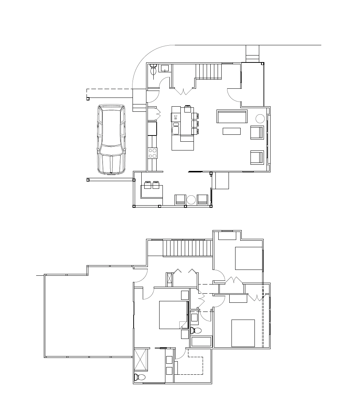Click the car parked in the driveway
pyautogui.click(x=111, y=139)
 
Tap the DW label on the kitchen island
pyautogui.click(x=176, y=117)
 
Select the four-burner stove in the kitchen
pyautogui.click(x=153, y=153)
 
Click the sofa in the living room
pyautogui.click(x=232, y=116)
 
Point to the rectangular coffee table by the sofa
pyautogui.click(x=231, y=131)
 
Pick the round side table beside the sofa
pyautogui.click(x=260, y=119)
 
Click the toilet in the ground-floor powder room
pyautogui.click(x=153, y=69)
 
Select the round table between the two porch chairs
pyautogui.click(x=191, y=199)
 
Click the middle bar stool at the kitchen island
pyautogui.click(x=195, y=124)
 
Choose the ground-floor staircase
pyautogui.click(x=208, y=72)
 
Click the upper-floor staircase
pyautogui.click(x=188, y=248)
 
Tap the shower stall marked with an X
pyautogui.click(x=141, y=359)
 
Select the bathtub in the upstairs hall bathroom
pyautogui.click(x=202, y=341)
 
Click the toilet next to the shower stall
pyautogui.click(x=139, y=377)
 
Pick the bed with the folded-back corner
pyautogui.click(x=173, y=315)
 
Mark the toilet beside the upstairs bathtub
pyautogui.click(x=196, y=331)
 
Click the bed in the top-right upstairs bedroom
pyautogui.click(x=249, y=258)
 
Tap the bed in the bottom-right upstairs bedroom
pyautogui.click(x=243, y=333)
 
